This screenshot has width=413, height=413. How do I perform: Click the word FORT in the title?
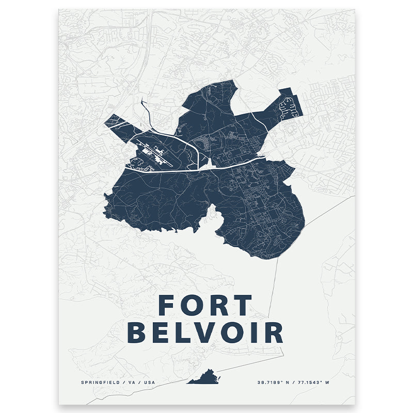205,305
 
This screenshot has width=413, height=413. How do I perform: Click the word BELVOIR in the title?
205,332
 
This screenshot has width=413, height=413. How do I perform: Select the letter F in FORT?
166,305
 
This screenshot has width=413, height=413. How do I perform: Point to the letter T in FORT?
243,305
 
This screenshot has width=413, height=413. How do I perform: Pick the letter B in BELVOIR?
137,332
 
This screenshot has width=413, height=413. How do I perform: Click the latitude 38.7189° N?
276,383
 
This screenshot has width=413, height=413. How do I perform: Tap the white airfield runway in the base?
155,153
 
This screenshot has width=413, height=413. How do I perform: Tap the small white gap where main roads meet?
209,165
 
